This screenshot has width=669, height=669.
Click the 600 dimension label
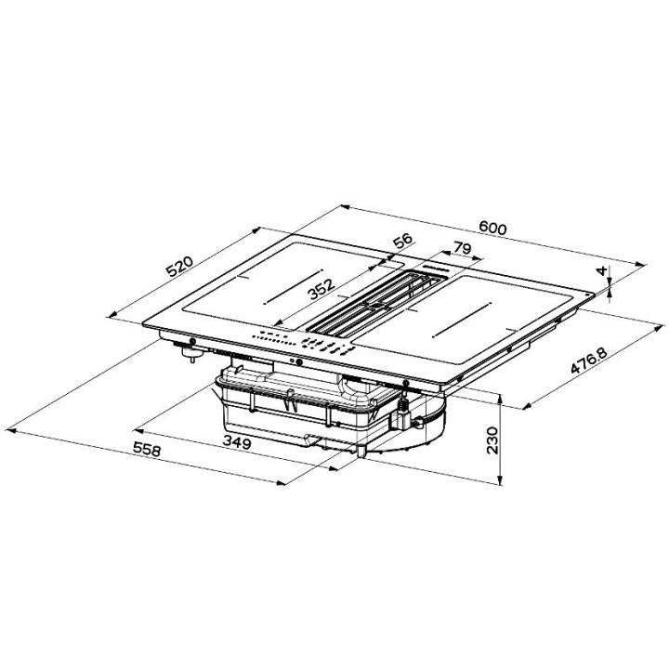[x=492, y=229]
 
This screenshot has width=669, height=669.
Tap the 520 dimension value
[x=179, y=267]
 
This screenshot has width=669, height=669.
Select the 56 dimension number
[x=403, y=241]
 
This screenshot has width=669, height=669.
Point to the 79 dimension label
[x=462, y=248]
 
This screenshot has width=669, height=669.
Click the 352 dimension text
[x=321, y=289]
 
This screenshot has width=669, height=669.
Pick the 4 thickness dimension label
[x=602, y=270]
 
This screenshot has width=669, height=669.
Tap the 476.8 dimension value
[x=589, y=361]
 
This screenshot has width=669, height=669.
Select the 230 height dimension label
[x=492, y=440]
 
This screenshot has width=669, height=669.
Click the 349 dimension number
[x=237, y=443]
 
